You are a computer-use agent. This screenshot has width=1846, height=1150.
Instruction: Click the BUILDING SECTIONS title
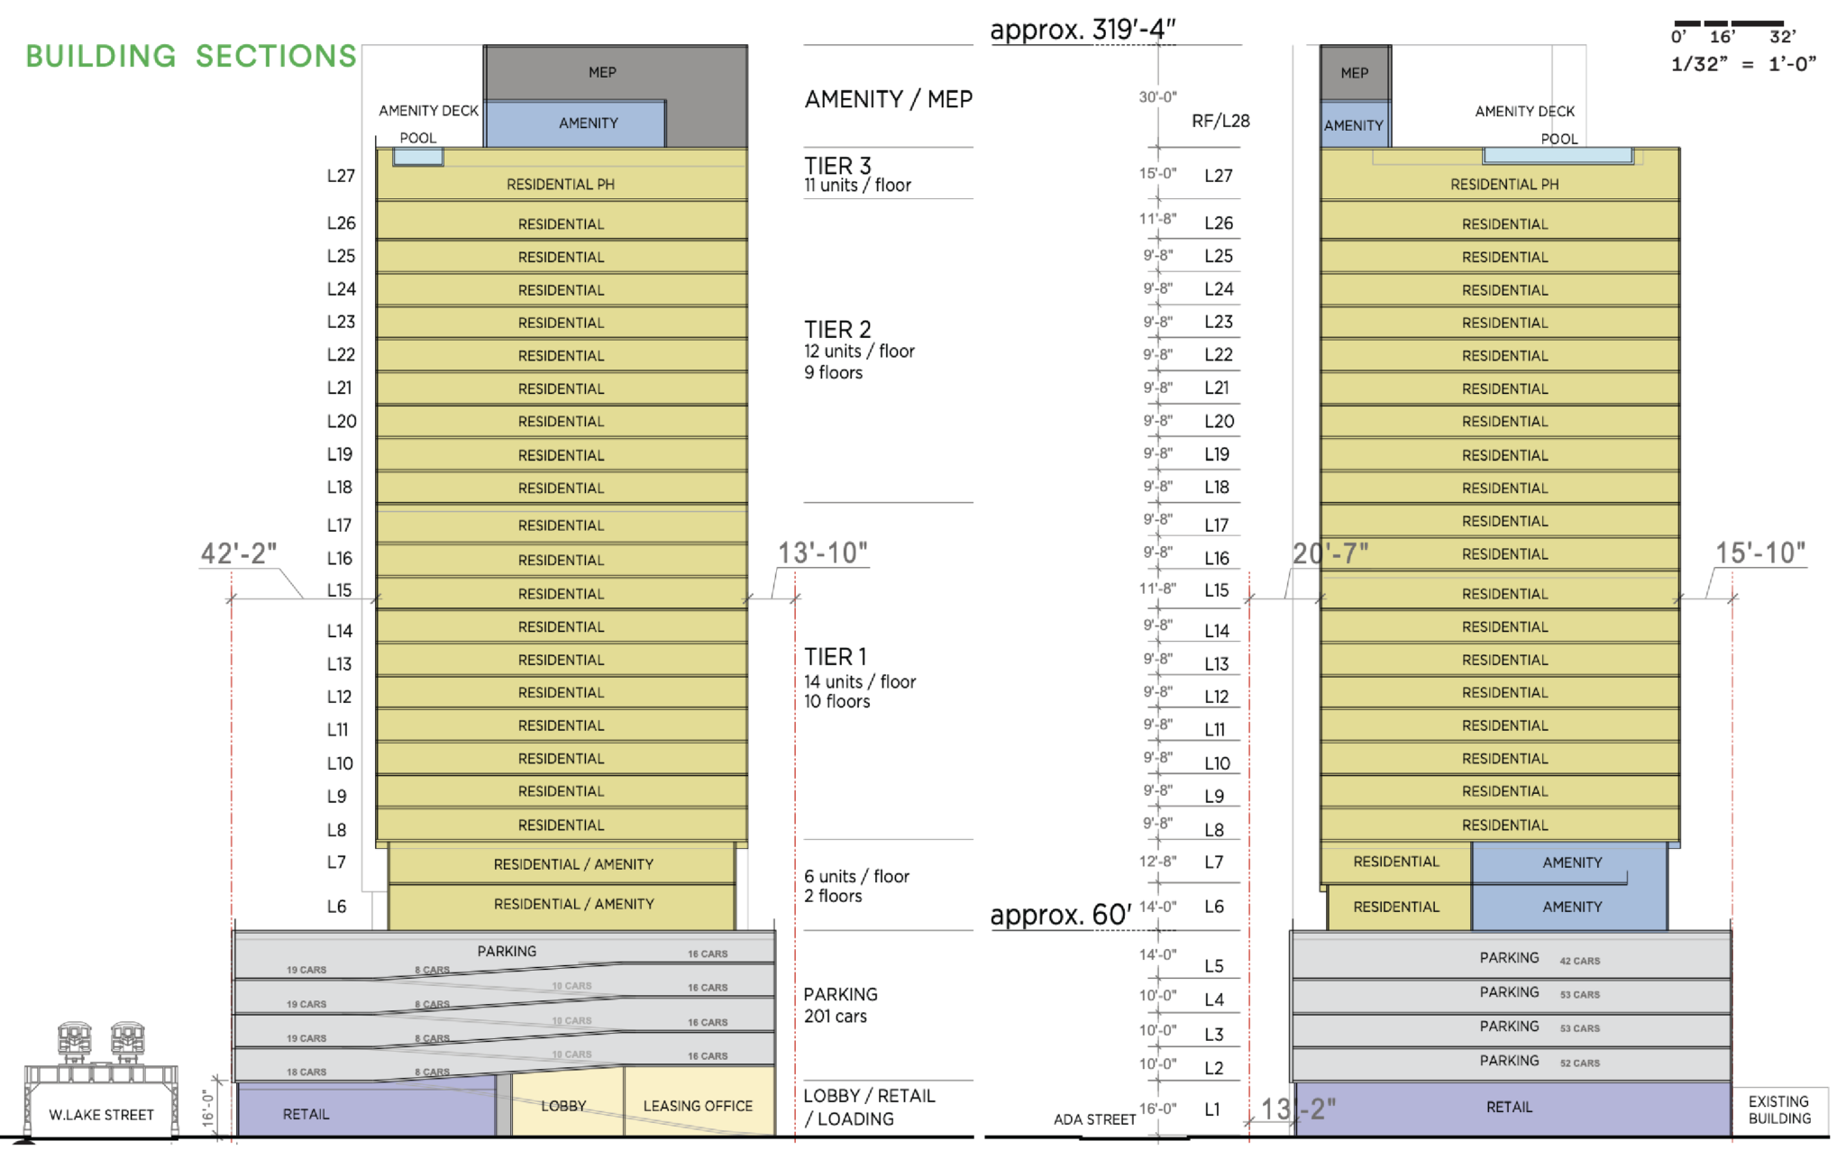click(191, 56)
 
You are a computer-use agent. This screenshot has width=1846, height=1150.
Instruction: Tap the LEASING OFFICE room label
click(697, 1106)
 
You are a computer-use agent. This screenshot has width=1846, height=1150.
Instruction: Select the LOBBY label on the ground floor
click(563, 1106)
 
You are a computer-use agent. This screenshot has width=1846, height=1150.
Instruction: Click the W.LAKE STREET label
click(101, 1115)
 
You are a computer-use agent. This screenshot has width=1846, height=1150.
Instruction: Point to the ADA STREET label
click(1094, 1119)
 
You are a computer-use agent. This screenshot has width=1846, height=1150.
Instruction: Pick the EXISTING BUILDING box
click(1779, 1110)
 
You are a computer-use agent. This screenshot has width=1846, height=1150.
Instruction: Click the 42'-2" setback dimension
click(238, 553)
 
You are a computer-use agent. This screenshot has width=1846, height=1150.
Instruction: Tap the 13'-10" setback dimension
click(822, 553)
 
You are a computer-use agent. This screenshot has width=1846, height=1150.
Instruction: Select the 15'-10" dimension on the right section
click(1759, 553)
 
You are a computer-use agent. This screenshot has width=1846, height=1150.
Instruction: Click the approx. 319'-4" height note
click(1082, 30)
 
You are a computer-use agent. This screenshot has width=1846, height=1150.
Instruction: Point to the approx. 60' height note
click(1060, 915)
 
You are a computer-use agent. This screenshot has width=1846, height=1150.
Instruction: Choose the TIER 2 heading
click(837, 330)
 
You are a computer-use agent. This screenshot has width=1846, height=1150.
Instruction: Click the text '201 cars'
click(835, 1017)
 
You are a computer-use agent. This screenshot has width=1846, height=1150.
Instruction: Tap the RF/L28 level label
click(1220, 121)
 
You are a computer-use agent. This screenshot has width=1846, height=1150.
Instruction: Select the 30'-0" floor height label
click(1157, 97)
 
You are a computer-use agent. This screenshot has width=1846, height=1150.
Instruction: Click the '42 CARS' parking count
click(1579, 961)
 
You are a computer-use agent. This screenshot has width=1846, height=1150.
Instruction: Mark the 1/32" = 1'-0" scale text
click(1742, 64)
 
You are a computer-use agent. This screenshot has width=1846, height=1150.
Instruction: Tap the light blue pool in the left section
click(418, 157)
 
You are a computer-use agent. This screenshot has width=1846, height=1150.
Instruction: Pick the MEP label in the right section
click(1354, 73)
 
